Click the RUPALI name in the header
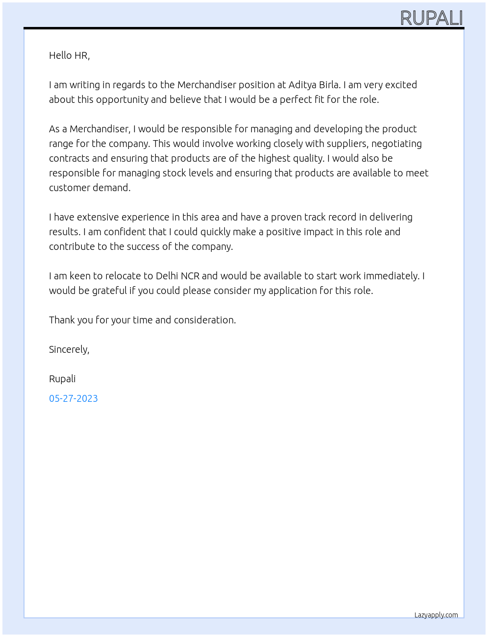431,18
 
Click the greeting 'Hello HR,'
69,55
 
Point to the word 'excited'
401,85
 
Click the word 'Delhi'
167,276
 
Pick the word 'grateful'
109,291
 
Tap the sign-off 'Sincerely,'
69,349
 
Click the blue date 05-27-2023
73,398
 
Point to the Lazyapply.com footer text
436,615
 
